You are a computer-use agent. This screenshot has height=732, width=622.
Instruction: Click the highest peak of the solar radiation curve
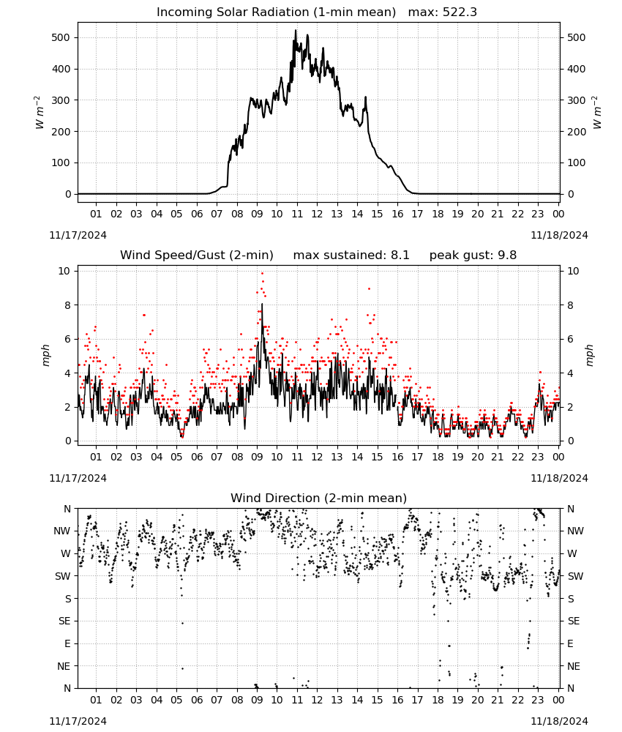click(x=296, y=31)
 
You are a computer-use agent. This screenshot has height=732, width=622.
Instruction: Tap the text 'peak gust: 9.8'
click(x=473, y=255)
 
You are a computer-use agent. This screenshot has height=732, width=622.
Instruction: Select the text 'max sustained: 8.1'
click(x=351, y=255)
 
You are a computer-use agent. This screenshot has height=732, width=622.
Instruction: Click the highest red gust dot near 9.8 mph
click(x=262, y=274)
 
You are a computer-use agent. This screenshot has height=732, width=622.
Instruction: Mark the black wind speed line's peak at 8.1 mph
click(x=262, y=304)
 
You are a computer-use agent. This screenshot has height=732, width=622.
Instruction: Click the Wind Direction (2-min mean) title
click(x=319, y=498)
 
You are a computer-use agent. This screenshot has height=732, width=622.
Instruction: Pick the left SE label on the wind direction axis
click(x=64, y=621)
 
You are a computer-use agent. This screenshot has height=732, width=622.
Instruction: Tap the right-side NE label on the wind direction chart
click(x=574, y=666)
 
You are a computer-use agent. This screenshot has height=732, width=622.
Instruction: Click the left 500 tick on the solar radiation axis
click(x=61, y=37)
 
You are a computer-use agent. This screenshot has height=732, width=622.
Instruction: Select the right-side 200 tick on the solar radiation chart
click(x=577, y=132)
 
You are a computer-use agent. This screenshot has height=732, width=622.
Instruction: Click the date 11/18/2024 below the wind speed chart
click(x=559, y=478)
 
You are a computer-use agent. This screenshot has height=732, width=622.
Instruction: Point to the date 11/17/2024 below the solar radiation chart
click(x=78, y=235)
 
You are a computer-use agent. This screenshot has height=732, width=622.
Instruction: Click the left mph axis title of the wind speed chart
click(x=45, y=355)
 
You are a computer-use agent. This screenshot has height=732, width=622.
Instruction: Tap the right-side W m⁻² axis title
click(x=597, y=112)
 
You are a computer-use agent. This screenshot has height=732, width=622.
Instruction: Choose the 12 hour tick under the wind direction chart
click(x=317, y=700)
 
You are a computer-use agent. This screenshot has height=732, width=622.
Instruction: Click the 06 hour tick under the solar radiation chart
click(x=197, y=214)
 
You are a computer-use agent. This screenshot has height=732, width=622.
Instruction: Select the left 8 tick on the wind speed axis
click(x=68, y=305)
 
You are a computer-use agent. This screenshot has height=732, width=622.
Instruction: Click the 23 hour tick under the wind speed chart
click(x=538, y=457)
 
